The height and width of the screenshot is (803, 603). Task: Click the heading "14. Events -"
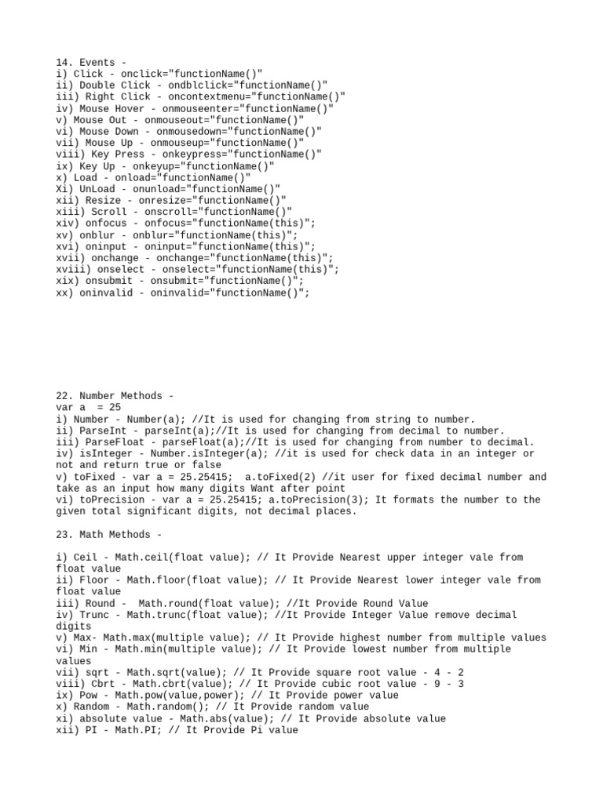pos(90,62)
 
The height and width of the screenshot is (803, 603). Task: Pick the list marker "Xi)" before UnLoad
pos(64,189)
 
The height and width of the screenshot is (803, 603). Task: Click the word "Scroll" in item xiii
pos(108,212)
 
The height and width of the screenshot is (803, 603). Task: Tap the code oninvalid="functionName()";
pos(230,292)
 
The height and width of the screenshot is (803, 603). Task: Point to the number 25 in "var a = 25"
pos(115,408)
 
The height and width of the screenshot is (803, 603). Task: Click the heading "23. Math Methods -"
pos(108,534)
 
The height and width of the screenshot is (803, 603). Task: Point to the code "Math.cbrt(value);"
pos(170,684)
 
